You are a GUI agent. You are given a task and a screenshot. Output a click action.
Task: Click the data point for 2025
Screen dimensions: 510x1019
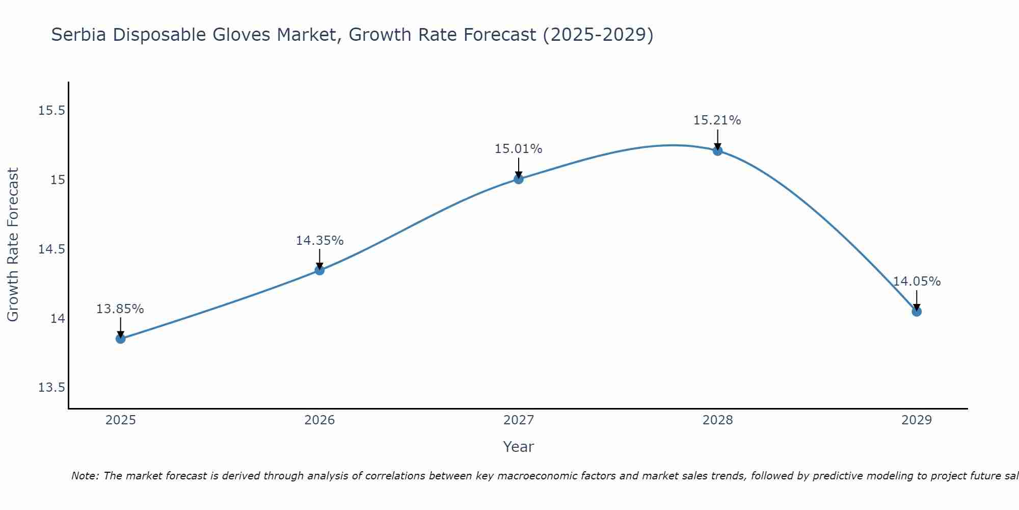[x=121, y=339]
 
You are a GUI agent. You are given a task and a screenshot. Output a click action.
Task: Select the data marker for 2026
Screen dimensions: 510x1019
[x=319, y=270]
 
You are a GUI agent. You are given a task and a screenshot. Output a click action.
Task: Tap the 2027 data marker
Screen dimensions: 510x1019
[x=519, y=179]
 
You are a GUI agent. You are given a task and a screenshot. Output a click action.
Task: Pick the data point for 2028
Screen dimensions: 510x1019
[x=717, y=151]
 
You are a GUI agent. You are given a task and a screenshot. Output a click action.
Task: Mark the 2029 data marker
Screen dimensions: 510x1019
[x=917, y=312]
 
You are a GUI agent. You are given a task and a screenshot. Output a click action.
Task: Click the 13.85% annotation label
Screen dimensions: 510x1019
[x=120, y=309]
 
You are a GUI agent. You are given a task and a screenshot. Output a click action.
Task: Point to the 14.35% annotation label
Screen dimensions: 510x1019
[x=319, y=241]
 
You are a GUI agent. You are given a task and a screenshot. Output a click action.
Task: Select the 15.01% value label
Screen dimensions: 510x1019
[x=519, y=149]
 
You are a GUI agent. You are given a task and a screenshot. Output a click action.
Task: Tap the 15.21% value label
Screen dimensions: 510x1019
[x=717, y=120]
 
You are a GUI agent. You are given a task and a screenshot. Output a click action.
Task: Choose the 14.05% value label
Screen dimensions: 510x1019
[x=917, y=282]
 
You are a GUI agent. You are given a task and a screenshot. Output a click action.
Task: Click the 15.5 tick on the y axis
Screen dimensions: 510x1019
[x=52, y=111]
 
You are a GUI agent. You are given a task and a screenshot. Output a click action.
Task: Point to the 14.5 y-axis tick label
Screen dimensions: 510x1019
[x=52, y=249]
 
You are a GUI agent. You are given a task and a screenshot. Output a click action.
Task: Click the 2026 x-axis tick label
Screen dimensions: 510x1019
[x=319, y=420]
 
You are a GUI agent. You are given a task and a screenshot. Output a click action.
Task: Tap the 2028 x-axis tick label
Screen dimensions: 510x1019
[x=717, y=420]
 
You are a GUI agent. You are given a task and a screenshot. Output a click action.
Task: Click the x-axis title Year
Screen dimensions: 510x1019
[x=518, y=447]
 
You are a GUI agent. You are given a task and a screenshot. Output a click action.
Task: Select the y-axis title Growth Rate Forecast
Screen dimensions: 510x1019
[x=13, y=245]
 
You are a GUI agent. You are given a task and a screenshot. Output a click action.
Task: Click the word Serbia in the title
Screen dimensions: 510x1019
[x=79, y=35]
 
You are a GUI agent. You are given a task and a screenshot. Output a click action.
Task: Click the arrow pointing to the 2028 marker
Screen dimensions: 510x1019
[x=717, y=139]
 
